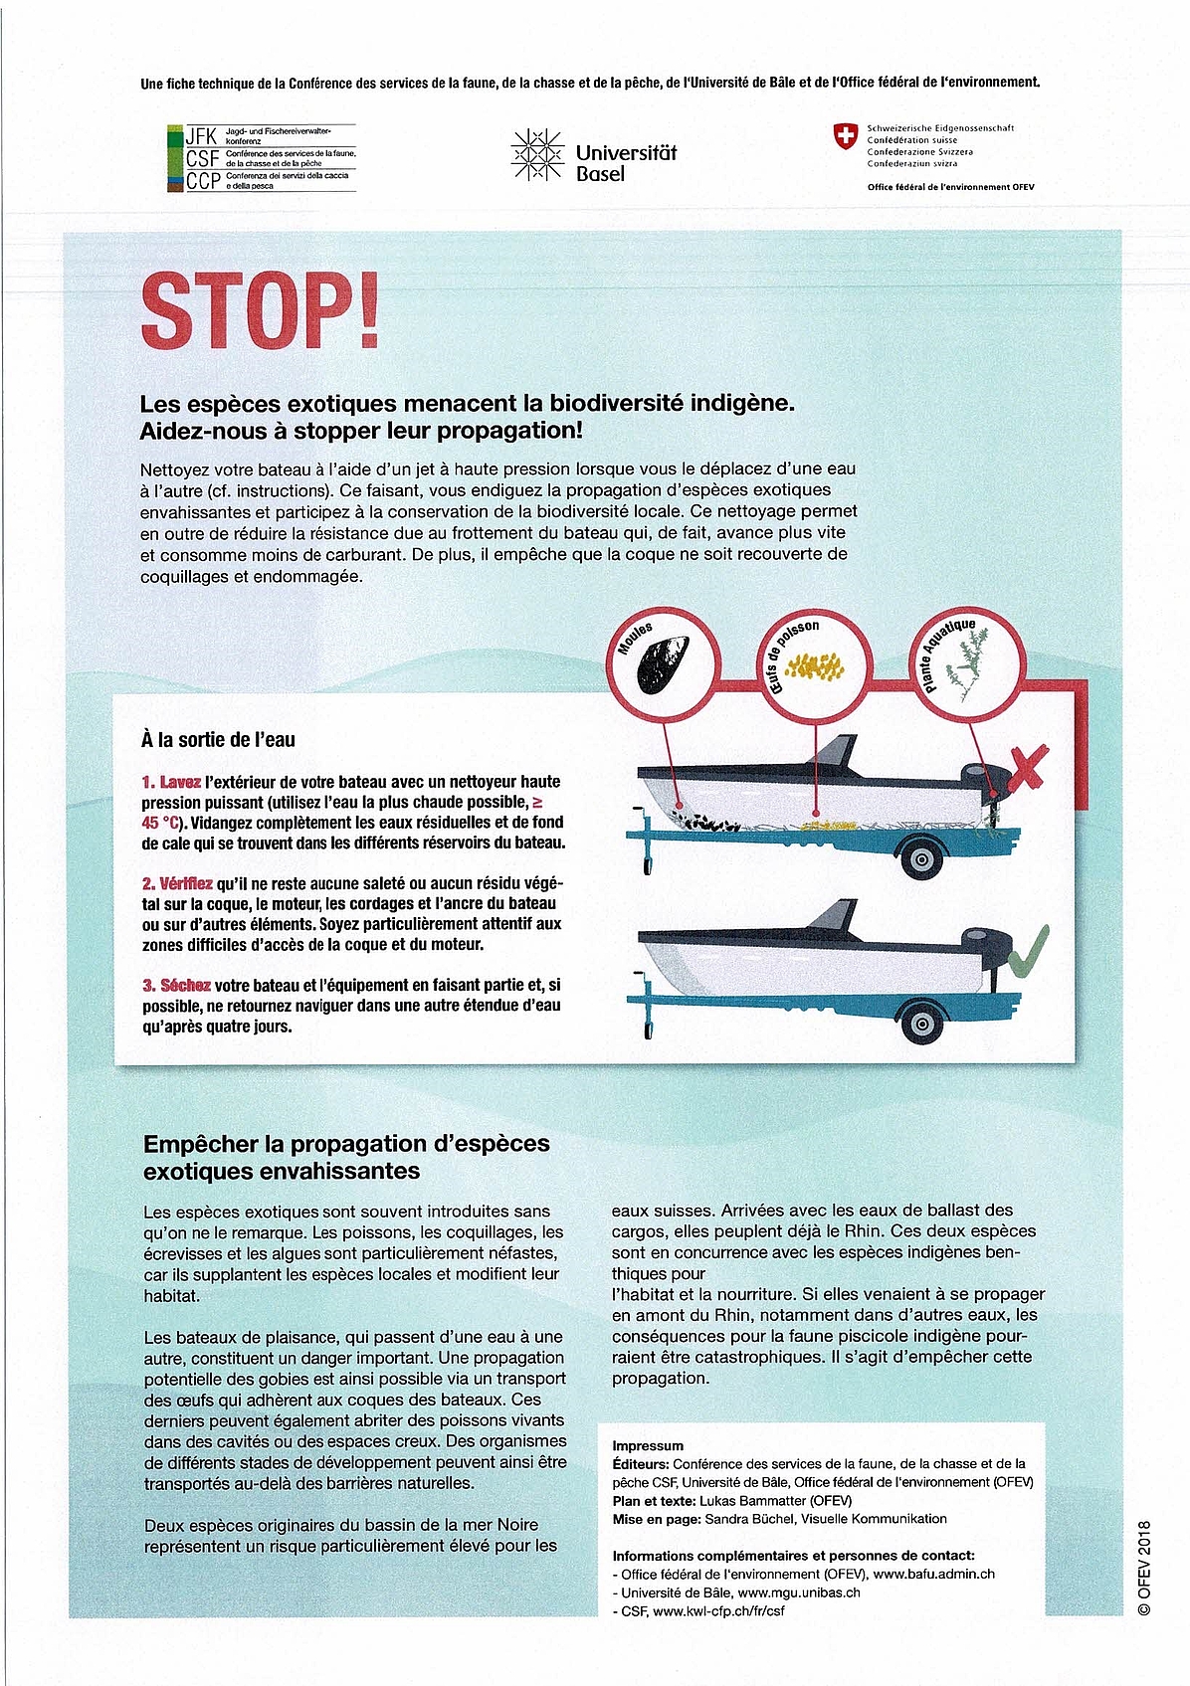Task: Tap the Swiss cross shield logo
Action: pyautogui.click(x=845, y=137)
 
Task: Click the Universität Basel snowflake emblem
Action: pyautogui.click(x=536, y=157)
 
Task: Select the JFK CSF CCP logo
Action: pyautogui.click(x=261, y=158)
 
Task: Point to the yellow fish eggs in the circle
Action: pyautogui.click(x=815, y=666)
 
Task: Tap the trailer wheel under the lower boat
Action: pyautogui.click(x=922, y=1022)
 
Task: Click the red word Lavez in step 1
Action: pyautogui.click(x=180, y=782)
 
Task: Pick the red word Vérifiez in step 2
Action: pyautogui.click(x=186, y=883)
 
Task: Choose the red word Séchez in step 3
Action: pyautogui.click(x=185, y=985)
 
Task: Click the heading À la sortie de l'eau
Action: pyautogui.click(x=218, y=740)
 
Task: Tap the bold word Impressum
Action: pyautogui.click(x=648, y=1445)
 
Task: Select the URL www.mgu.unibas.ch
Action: pyautogui.click(x=799, y=1592)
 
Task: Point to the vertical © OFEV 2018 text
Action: pyautogui.click(x=1143, y=1567)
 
